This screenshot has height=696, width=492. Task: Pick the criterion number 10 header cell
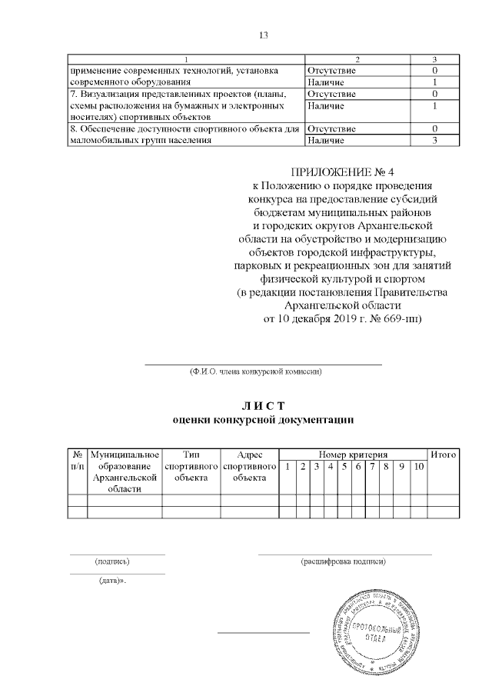point(417,467)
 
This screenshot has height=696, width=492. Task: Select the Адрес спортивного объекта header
point(249,466)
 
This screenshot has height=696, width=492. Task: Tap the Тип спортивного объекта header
point(191,466)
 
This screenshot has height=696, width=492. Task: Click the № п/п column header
point(78,461)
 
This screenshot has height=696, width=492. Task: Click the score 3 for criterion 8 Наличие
point(434,141)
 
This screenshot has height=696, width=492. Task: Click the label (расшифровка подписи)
point(344,561)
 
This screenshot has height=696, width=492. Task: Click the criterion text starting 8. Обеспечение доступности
point(183,129)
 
